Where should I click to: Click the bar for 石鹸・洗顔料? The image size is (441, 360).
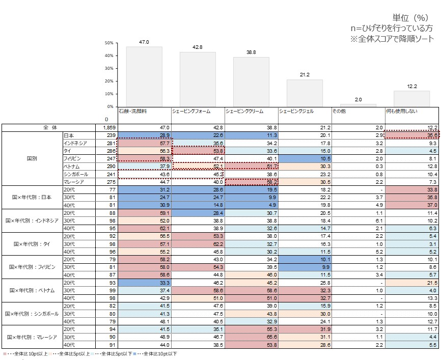pyautogui.click(x=144, y=76)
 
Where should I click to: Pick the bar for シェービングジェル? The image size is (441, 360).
pyautogui.click(x=305, y=93)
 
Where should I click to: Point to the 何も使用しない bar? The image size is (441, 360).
pyautogui.click(x=411, y=98)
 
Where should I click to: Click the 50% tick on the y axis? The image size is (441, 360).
pyautogui.click(x=109, y=43)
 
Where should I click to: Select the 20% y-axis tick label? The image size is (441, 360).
pyautogui.click(x=109, y=81)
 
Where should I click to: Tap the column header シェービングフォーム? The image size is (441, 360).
pyautogui.click(x=191, y=110)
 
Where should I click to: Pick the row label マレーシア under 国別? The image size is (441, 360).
pyautogui.click(x=74, y=182)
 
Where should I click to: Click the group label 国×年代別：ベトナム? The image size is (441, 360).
pyautogui.click(x=32, y=290)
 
